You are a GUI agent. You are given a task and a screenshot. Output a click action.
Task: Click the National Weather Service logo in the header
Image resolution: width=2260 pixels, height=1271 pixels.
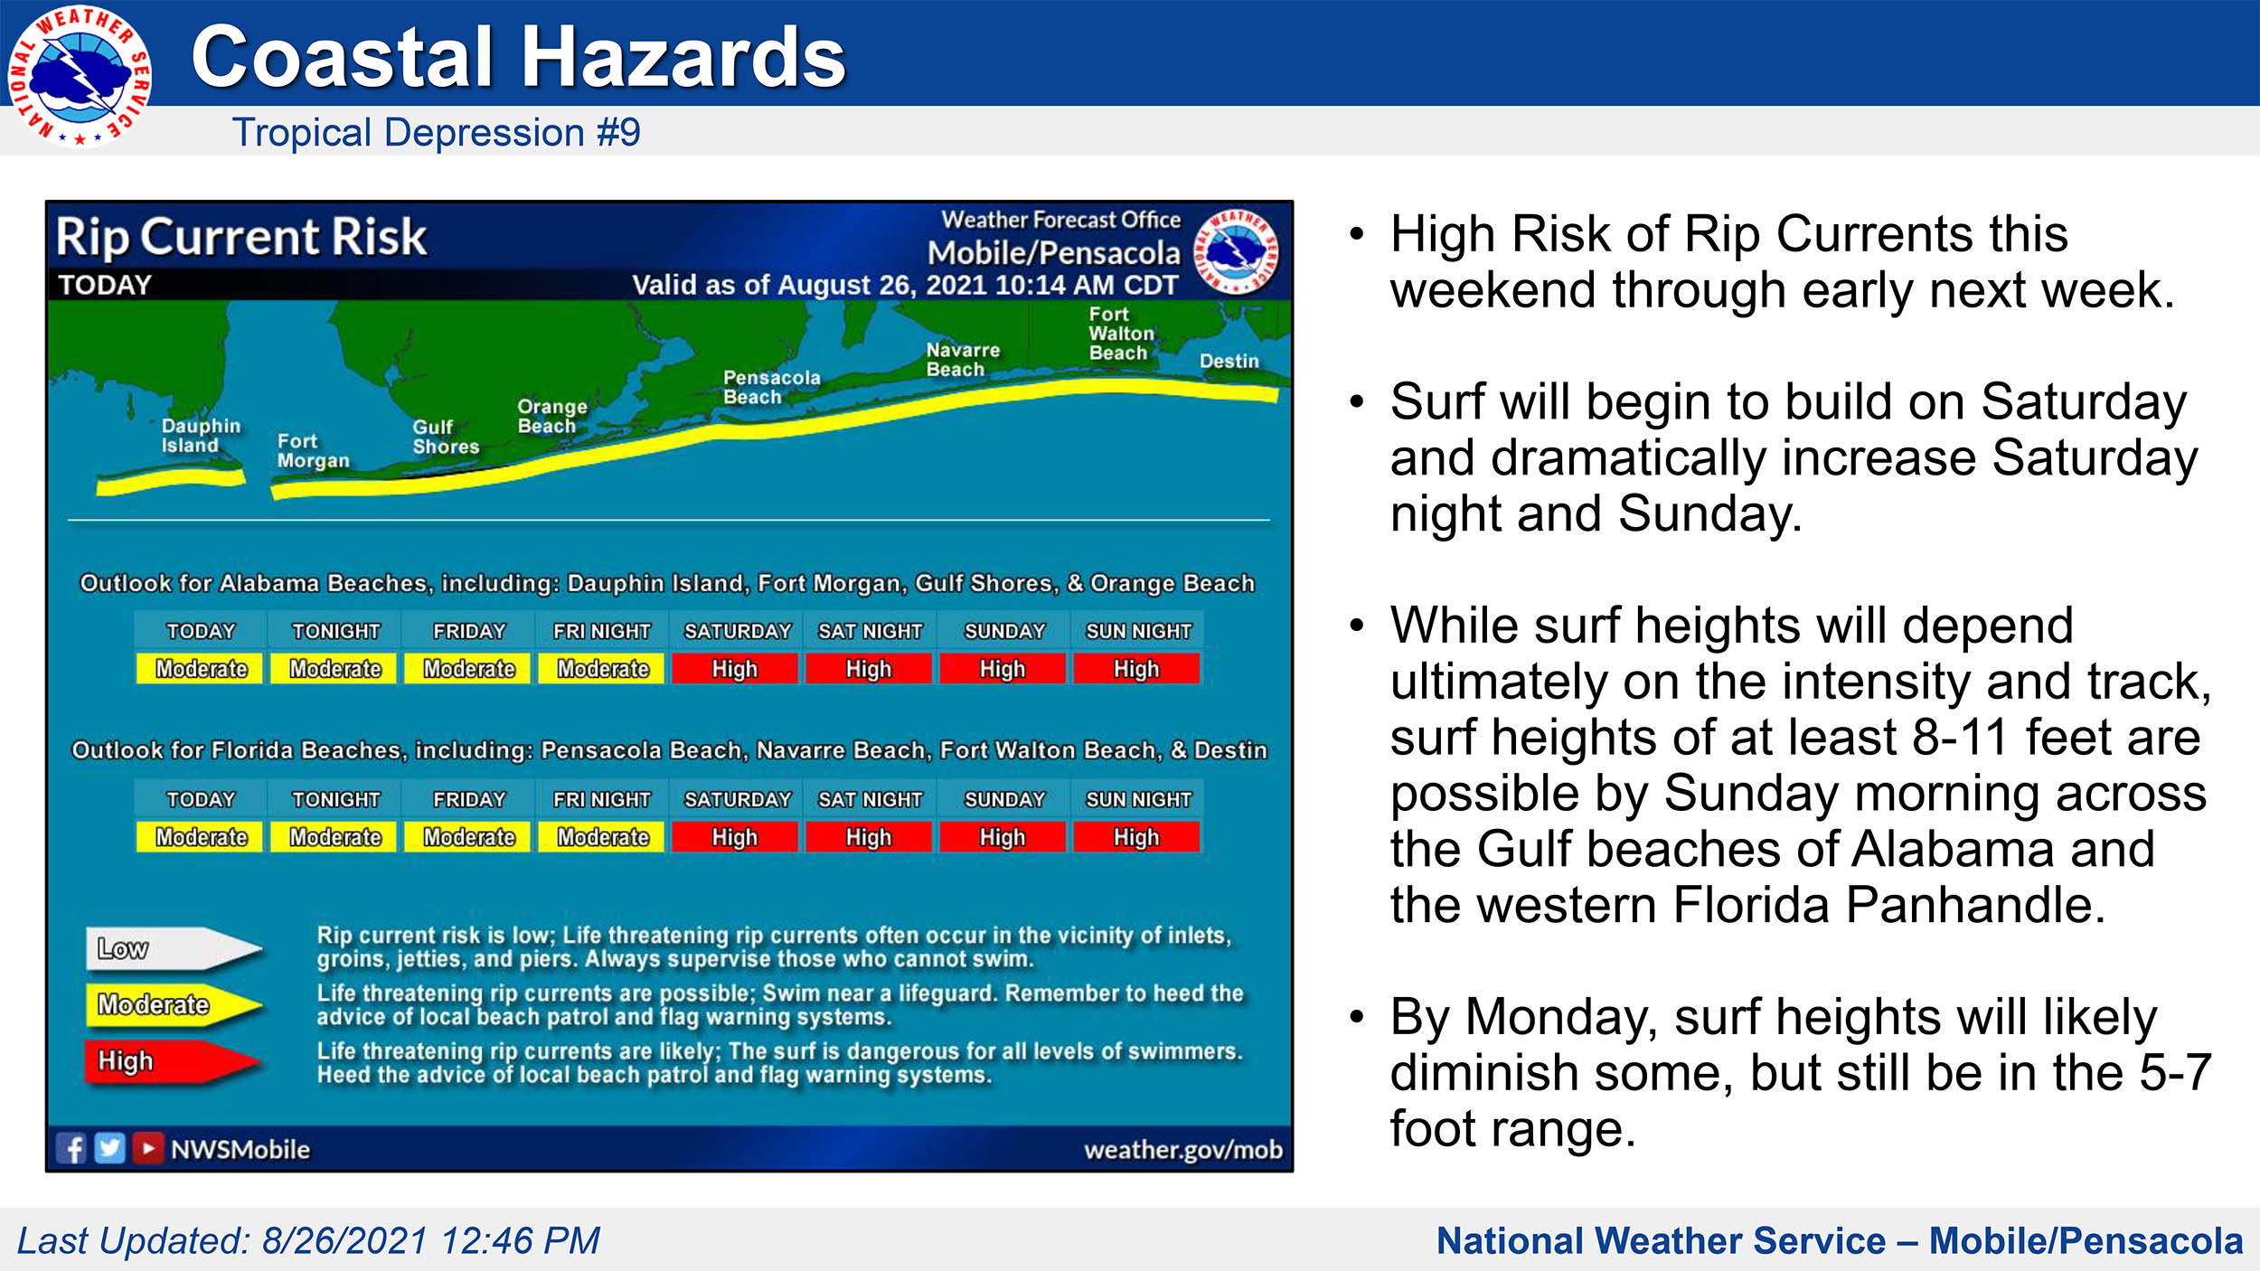coord(80,77)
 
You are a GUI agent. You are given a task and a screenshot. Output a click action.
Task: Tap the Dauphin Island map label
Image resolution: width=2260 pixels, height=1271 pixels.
coord(201,436)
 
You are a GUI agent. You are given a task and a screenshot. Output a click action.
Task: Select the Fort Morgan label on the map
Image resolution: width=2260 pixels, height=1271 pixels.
coord(313,451)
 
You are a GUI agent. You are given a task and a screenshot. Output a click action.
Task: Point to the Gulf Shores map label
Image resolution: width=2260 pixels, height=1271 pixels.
coord(446,437)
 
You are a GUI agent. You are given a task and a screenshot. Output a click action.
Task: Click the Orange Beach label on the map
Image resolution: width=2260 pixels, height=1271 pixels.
coord(552,416)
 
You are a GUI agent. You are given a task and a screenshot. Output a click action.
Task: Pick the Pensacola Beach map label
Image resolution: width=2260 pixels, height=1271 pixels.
coord(771,387)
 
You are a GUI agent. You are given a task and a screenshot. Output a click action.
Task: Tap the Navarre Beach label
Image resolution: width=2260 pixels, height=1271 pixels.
coord(963,360)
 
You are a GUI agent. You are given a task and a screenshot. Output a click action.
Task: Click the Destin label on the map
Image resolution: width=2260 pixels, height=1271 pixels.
coord(1229,361)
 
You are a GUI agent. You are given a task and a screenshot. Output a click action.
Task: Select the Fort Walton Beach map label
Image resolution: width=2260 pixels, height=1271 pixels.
coord(1121,334)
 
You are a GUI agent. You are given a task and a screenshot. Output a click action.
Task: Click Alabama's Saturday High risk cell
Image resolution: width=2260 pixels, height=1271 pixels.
coord(735,669)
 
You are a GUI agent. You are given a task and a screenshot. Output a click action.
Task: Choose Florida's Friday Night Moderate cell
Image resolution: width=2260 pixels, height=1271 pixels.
coord(602,837)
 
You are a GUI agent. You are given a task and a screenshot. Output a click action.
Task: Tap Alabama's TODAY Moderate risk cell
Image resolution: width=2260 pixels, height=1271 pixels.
coord(201,669)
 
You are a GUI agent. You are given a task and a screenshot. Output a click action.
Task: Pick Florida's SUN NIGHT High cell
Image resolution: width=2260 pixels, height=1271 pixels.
coord(1136,837)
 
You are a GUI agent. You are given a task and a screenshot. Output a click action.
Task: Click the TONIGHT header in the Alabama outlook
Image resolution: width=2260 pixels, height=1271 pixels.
coord(335,631)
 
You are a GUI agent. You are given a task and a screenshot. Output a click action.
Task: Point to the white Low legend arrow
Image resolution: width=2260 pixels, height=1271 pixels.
coord(174,948)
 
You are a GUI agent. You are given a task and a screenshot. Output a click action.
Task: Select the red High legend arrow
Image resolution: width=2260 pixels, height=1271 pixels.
coord(172,1061)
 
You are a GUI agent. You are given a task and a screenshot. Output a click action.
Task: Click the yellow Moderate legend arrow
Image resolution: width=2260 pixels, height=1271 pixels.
coord(174,1005)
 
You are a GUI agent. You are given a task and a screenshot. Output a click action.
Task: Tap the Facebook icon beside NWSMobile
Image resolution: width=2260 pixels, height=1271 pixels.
coord(71,1149)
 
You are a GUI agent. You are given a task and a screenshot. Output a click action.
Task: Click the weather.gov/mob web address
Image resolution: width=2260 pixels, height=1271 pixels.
coord(1183,1150)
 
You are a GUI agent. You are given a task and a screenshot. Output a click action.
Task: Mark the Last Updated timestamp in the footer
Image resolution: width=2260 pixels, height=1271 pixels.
coord(308,1241)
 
